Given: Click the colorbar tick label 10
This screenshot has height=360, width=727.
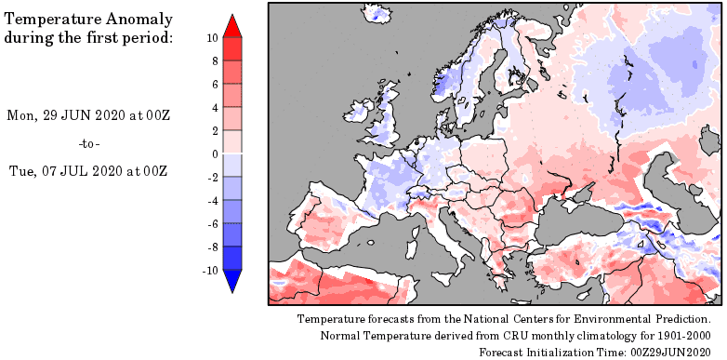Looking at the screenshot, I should (x=212, y=38).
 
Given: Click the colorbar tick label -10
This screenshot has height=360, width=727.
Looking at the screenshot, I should (x=211, y=271).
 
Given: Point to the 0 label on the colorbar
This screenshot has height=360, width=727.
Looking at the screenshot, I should (x=215, y=154).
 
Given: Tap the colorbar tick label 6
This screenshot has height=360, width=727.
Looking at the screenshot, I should (x=215, y=85).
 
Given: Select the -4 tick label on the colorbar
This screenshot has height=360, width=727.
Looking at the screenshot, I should (x=213, y=201).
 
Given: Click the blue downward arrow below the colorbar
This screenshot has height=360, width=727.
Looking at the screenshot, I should (x=233, y=281).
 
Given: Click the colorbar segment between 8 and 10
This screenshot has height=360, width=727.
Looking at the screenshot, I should (x=233, y=49).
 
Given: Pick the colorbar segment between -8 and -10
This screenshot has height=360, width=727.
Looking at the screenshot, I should (x=233, y=259).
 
